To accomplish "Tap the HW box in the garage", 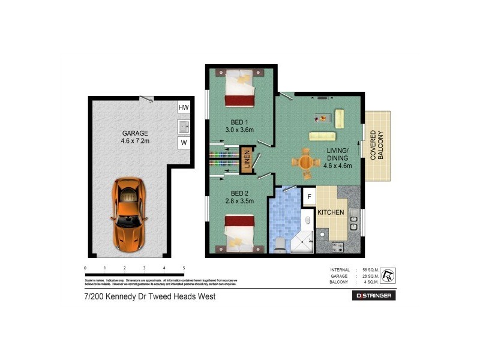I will (184, 108).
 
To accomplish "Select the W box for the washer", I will (184, 143).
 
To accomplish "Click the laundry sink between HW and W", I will (184, 126).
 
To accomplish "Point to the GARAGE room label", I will (135, 133).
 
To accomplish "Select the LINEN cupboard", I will (246, 160).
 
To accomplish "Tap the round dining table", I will (306, 162).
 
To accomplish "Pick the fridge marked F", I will (309, 196).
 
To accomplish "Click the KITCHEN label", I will (331, 212).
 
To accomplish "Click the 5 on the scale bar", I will (184, 268).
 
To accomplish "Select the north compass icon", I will (388, 275).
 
